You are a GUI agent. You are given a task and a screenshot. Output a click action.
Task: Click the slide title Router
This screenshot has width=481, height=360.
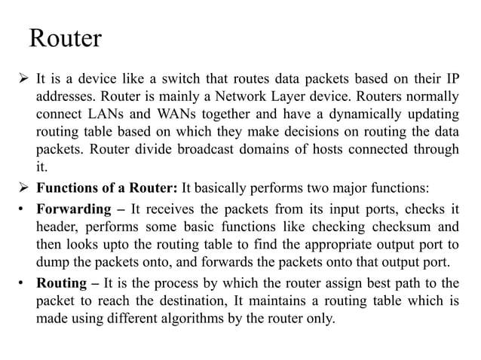[64, 38]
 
